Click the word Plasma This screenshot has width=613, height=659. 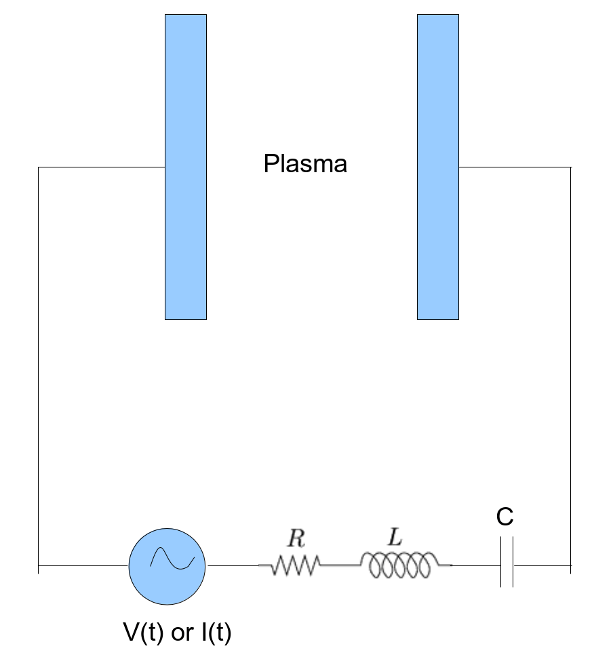click(x=305, y=164)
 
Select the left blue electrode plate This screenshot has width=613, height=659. click(x=186, y=167)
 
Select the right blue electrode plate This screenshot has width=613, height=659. click(x=438, y=167)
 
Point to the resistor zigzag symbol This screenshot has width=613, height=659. click(x=295, y=564)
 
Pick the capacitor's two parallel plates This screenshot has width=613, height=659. click(x=507, y=563)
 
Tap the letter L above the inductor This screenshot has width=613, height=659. click(x=394, y=538)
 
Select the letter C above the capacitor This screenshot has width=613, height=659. click(x=505, y=517)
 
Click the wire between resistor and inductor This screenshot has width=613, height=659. click(x=340, y=564)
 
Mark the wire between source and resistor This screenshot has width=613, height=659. click(x=232, y=565)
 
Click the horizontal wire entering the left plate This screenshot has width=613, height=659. click(x=102, y=167)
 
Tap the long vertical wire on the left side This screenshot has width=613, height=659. click(x=39, y=366)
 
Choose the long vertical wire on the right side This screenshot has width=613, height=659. click(x=570, y=366)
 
